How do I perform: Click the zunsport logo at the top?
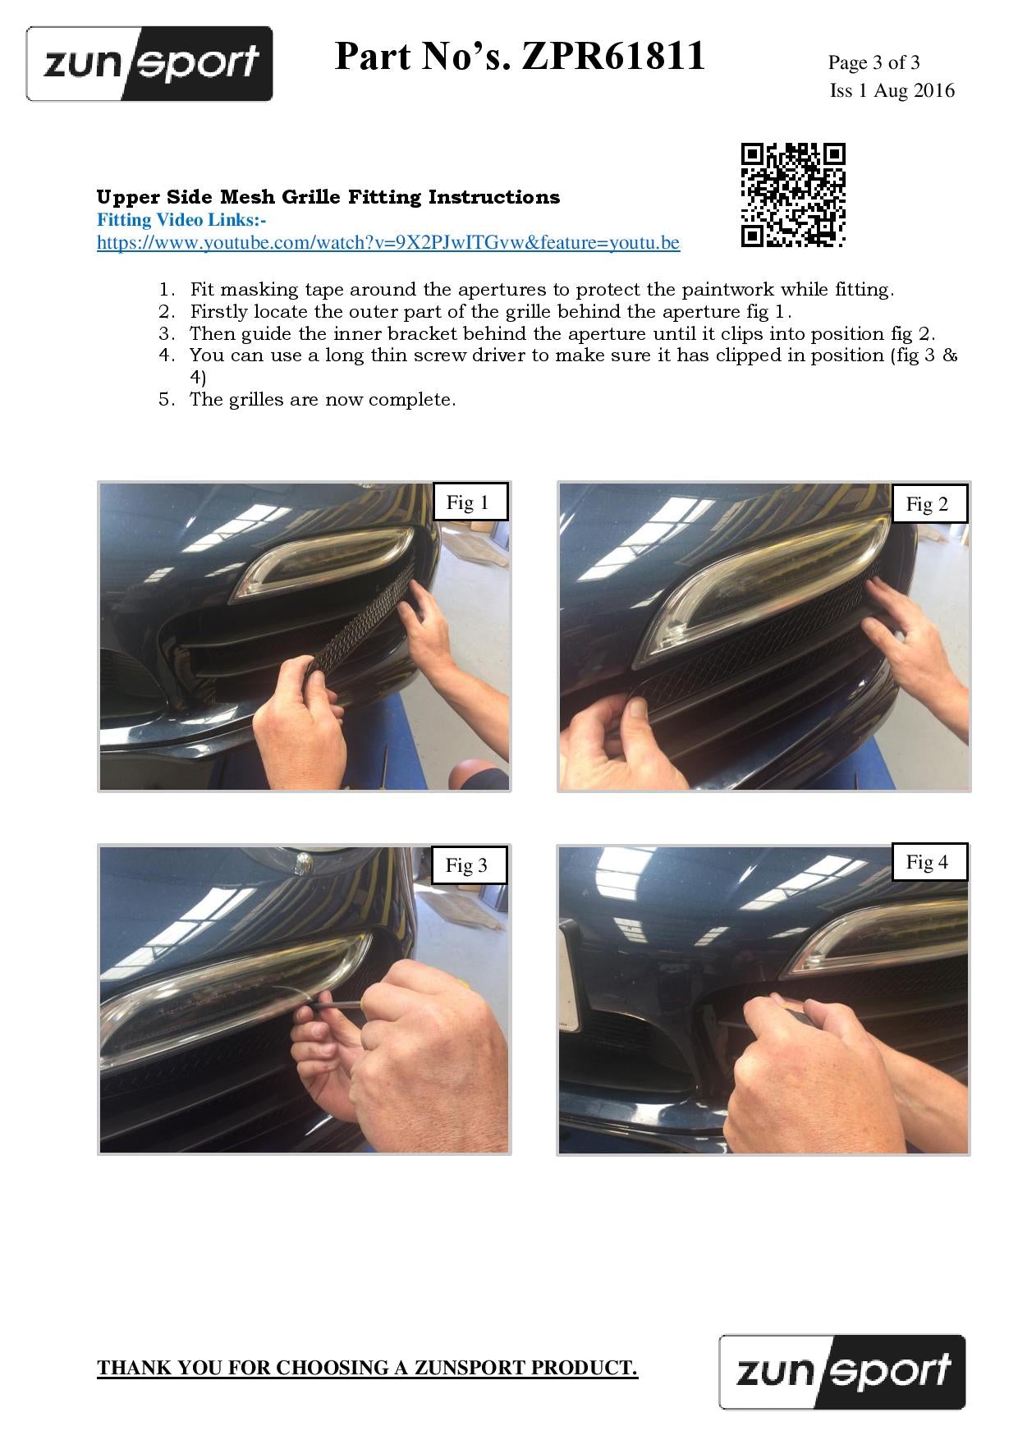(x=149, y=64)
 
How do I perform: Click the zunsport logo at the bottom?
(x=842, y=1372)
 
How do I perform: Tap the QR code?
(x=793, y=195)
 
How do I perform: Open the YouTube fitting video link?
(x=388, y=243)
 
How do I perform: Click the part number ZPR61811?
(x=613, y=57)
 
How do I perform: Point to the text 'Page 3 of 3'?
(x=874, y=62)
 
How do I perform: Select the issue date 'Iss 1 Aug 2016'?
(x=892, y=90)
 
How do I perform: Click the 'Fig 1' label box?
(x=468, y=502)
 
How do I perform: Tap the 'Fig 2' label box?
(x=928, y=504)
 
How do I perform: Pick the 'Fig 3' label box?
(x=466, y=864)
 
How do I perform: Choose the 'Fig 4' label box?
(x=928, y=862)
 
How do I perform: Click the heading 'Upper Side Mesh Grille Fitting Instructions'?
(x=328, y=197)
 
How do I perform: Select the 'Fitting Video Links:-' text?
(x=181, y=220)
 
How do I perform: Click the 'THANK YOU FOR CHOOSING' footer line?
(x=368, y=1368)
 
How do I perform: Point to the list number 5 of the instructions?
(x=167, y=400)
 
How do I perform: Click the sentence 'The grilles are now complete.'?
(x=323, y=400)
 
